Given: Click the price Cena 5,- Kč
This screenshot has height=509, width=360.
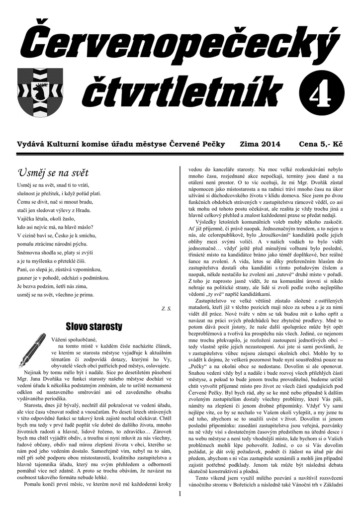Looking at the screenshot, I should [321, 145].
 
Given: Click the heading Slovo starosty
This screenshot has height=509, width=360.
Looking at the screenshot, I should [94, 326].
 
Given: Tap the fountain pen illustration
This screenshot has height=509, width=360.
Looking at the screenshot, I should [32, 348].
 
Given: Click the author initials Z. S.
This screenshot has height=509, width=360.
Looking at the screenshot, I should [166, 309].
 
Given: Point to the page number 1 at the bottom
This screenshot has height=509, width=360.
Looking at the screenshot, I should [180, 494].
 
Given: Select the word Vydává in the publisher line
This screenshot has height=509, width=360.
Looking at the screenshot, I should [30, 145].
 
